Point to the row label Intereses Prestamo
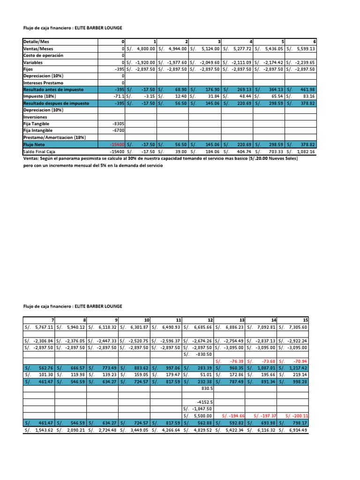(x=44, y=82)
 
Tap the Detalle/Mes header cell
(x=37, y=41)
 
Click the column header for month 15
(x=305, y=320)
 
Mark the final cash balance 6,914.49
(x=297, y=430)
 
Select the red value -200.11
(x=297, y=416)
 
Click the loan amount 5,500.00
(x=202, y=416)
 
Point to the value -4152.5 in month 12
(x=205, y=402)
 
